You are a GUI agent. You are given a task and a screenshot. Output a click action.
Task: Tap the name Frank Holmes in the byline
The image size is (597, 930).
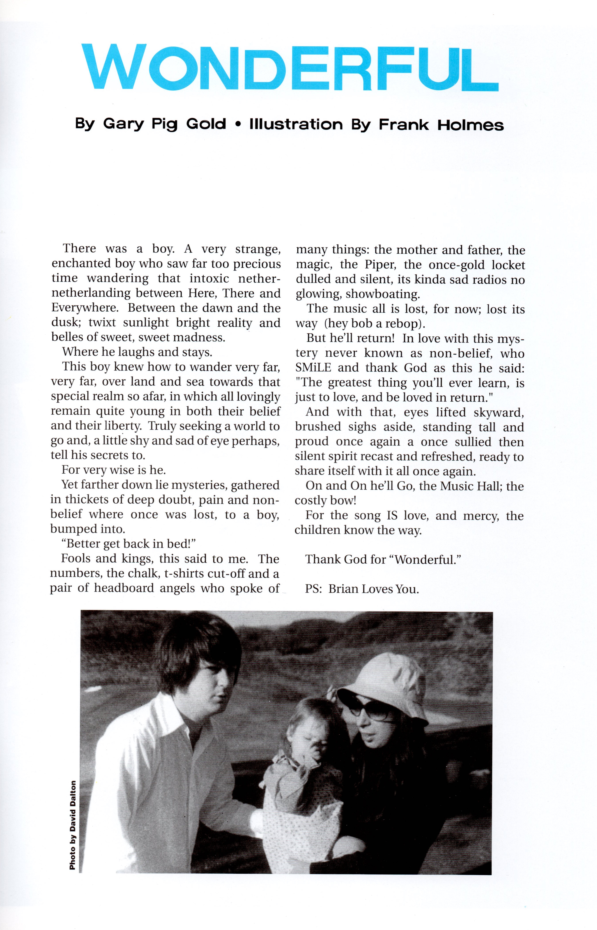click(441, 124)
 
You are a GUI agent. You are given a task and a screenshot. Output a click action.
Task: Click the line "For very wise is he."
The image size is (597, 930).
click(114, 470)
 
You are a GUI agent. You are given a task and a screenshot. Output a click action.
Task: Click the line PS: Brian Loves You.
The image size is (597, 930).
click(362, 589)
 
